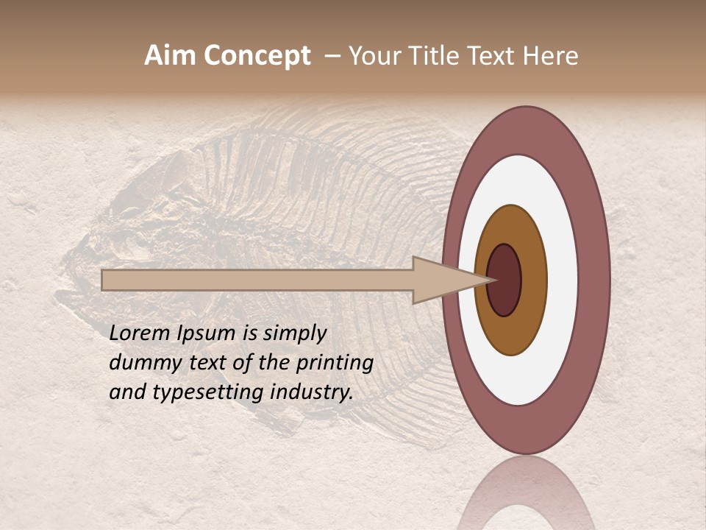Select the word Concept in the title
pos(257,57)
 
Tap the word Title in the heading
pos(438,56)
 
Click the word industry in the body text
pos(312,392)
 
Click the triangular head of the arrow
pos(441,280)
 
